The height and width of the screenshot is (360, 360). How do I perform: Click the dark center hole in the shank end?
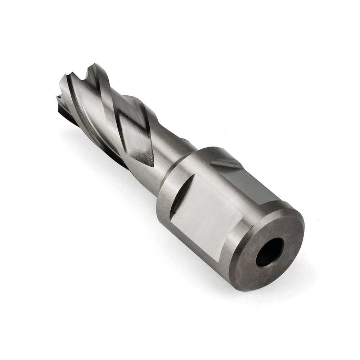[270, 252]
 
